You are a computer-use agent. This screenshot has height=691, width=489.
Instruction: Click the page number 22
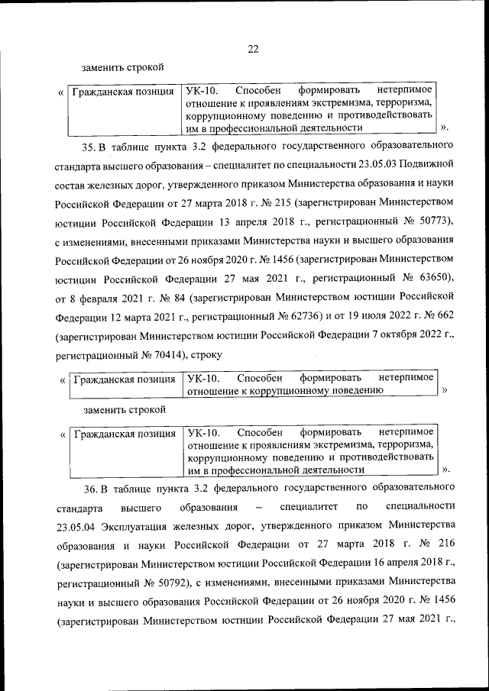click(253, 50)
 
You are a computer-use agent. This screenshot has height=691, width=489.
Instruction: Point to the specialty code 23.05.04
click(74, 526)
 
